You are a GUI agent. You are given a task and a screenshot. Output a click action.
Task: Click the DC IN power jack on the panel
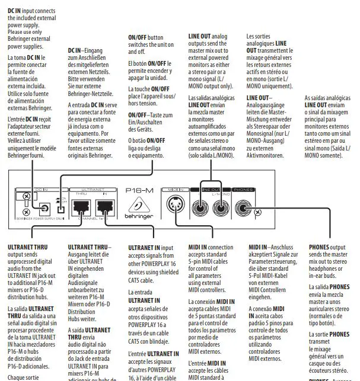pyautogui.click(x=44, y=208)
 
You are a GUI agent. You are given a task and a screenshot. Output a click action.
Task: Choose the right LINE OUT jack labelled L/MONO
pyautogui.click(x=221, y=207)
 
